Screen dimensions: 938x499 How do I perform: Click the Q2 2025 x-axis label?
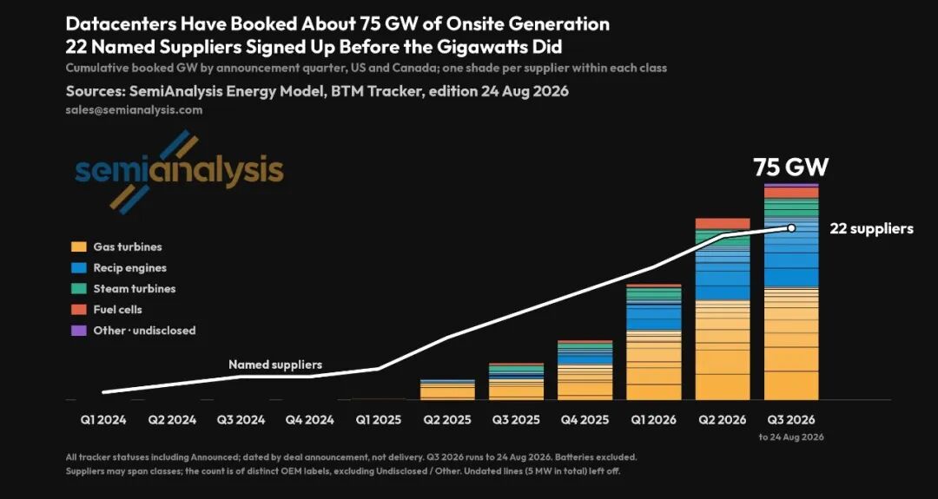447,419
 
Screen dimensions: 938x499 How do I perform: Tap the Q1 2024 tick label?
103,419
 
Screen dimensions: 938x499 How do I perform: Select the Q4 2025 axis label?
585,419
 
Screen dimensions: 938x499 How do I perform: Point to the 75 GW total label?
791,167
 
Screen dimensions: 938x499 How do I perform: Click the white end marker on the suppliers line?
791,227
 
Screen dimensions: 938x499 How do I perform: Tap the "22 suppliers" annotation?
871,228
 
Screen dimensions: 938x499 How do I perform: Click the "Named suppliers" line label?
275,364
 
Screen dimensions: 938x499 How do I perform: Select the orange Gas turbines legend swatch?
78,246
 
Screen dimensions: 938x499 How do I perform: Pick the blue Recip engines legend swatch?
78,268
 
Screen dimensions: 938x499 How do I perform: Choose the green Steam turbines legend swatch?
78,289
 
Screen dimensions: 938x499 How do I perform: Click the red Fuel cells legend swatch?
78,310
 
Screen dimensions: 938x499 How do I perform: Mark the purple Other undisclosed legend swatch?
78,331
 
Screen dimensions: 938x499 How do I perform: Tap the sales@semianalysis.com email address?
134,110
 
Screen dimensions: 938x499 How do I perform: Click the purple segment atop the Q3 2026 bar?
791,185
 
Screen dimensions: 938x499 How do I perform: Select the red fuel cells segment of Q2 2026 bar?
723,224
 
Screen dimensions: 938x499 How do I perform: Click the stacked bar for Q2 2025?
447,390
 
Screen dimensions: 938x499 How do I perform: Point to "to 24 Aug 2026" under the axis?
791,437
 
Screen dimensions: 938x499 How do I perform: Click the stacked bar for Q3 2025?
516,381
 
